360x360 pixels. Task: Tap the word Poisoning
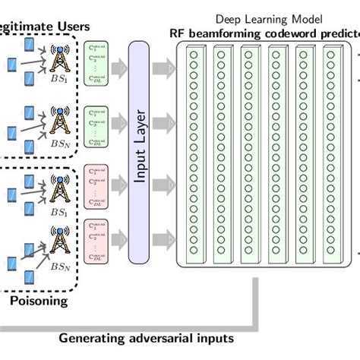coord(39,301)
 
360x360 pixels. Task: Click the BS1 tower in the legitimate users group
coord(58,60)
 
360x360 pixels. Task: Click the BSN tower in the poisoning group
coord(58,245)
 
